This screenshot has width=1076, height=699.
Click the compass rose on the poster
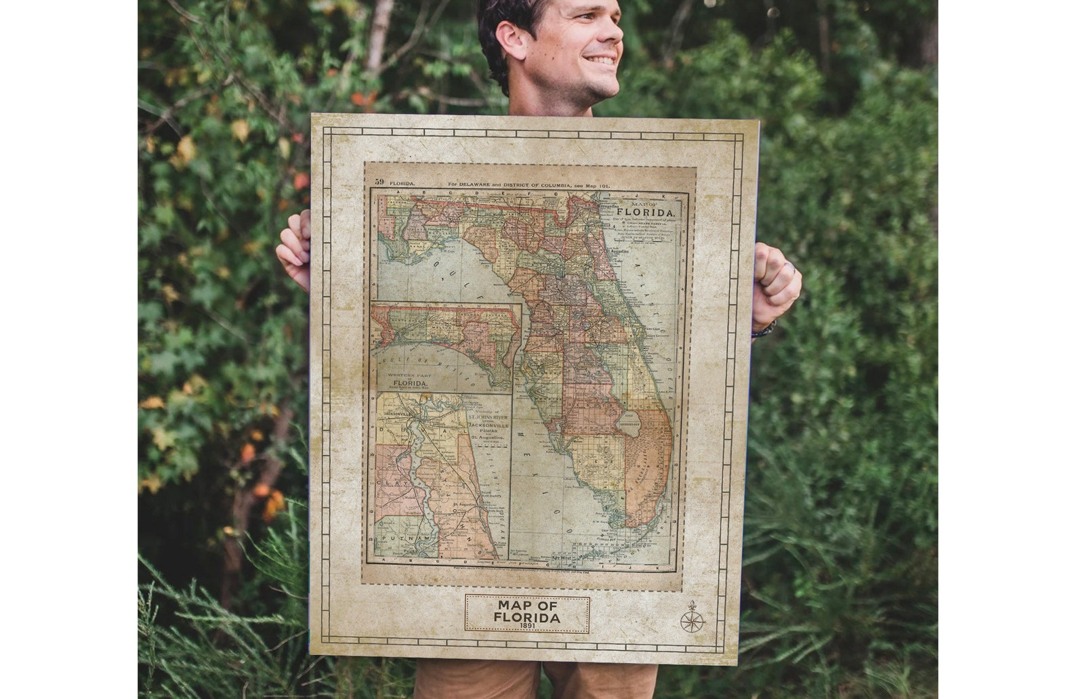click(692, 617)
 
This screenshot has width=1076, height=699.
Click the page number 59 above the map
click(379, 182)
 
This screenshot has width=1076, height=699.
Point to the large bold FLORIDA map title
click(644, 211)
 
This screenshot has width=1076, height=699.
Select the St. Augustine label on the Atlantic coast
click(617, 251)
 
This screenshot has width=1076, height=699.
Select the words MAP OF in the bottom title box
click(526, 604)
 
